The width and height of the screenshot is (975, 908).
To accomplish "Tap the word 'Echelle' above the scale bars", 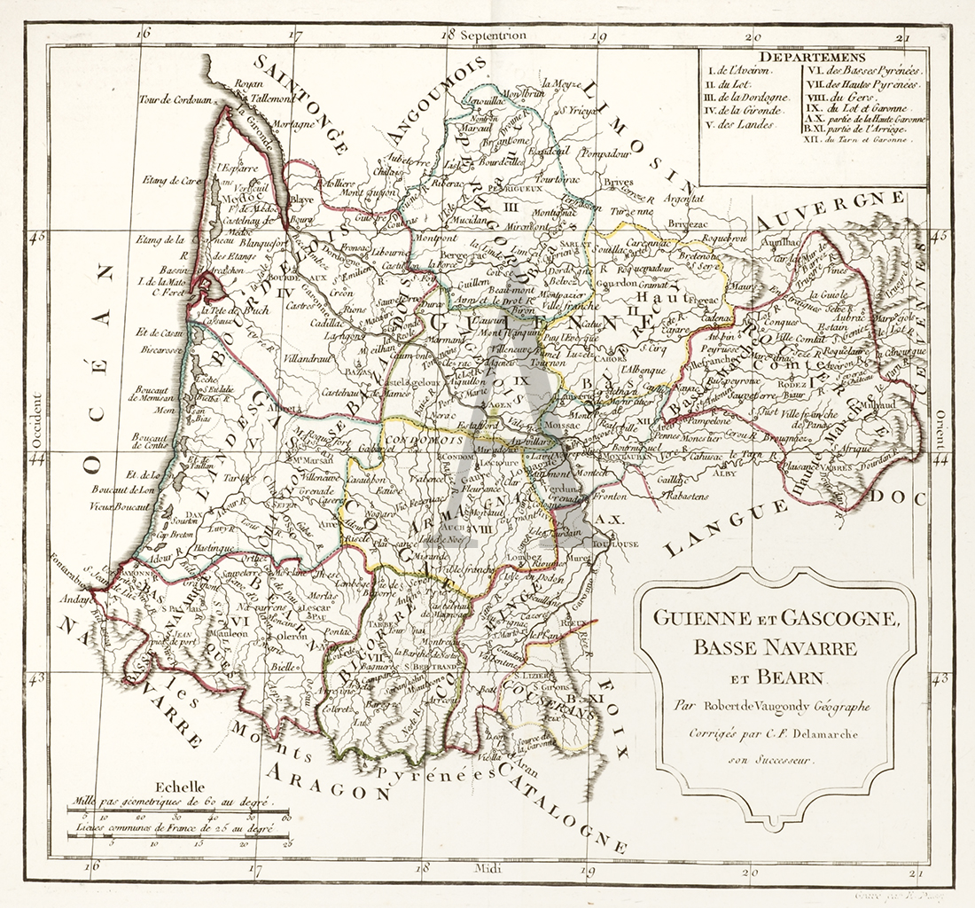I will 179,786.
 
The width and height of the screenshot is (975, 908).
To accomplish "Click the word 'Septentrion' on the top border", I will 495,35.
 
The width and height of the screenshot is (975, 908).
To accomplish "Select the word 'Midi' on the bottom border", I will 489,868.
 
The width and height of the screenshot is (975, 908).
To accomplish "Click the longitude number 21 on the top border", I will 902,37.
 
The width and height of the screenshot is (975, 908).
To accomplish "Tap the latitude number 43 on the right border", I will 940,678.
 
